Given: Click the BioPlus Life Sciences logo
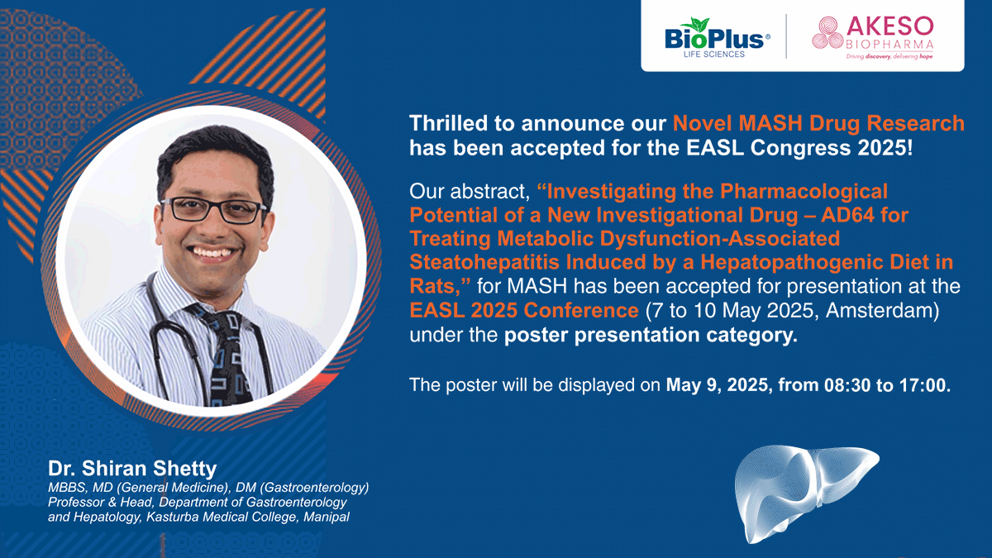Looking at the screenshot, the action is (x=717, y=38).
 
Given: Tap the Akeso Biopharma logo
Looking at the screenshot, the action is (x=873, y=38).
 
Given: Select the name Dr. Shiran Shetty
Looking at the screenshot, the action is (x=132, y=468).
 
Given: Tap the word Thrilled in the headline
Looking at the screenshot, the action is (x=448, y=123).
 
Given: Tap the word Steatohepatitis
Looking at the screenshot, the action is (x=484, y=262).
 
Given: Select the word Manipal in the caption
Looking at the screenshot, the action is (x=327, y=517).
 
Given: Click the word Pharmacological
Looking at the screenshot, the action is (x=804, y=191).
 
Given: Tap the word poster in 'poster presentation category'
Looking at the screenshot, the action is (x=536, y=336).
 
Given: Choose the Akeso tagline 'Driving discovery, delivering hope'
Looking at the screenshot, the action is (x=889, y=56).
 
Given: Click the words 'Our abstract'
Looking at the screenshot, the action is (x=470, y=191).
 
